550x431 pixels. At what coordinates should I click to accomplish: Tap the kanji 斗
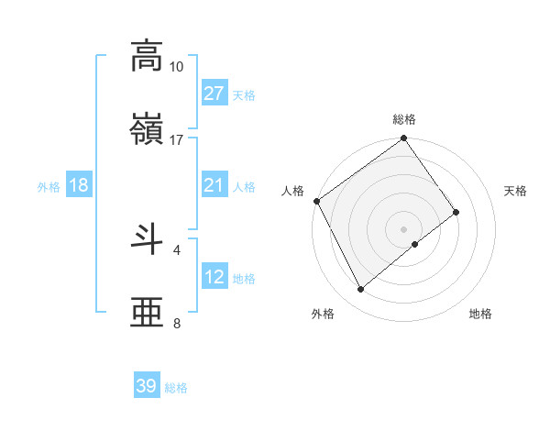(x=147, y=238)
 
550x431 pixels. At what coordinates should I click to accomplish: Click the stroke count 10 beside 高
(x=176, y=67)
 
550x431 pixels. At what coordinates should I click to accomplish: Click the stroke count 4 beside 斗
(x=177, y=249)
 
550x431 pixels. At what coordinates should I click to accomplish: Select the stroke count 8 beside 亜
(x=177, y=323)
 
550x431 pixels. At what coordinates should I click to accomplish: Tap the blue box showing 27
(x=214, y=94)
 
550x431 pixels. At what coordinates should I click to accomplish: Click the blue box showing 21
(x=214, y=185)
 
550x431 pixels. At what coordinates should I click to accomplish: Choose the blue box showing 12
(x=214, y=277)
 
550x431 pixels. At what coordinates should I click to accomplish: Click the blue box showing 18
(x=79, y=185)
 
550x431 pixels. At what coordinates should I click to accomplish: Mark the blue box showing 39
(x=146, y=386)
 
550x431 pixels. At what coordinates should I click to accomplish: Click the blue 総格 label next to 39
(x=176, y=388)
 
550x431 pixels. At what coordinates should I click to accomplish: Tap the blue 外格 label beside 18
(x=49, y=187)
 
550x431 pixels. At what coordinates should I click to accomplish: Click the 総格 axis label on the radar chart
(x=404, y=119)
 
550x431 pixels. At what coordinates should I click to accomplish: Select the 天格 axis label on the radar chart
(x=515, y=191)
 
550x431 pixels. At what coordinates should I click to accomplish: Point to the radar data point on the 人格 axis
(x=316, y=201)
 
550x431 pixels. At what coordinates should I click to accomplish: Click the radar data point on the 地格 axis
(x=415, y=244)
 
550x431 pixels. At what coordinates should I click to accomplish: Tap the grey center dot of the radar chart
(x=403, y=228)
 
